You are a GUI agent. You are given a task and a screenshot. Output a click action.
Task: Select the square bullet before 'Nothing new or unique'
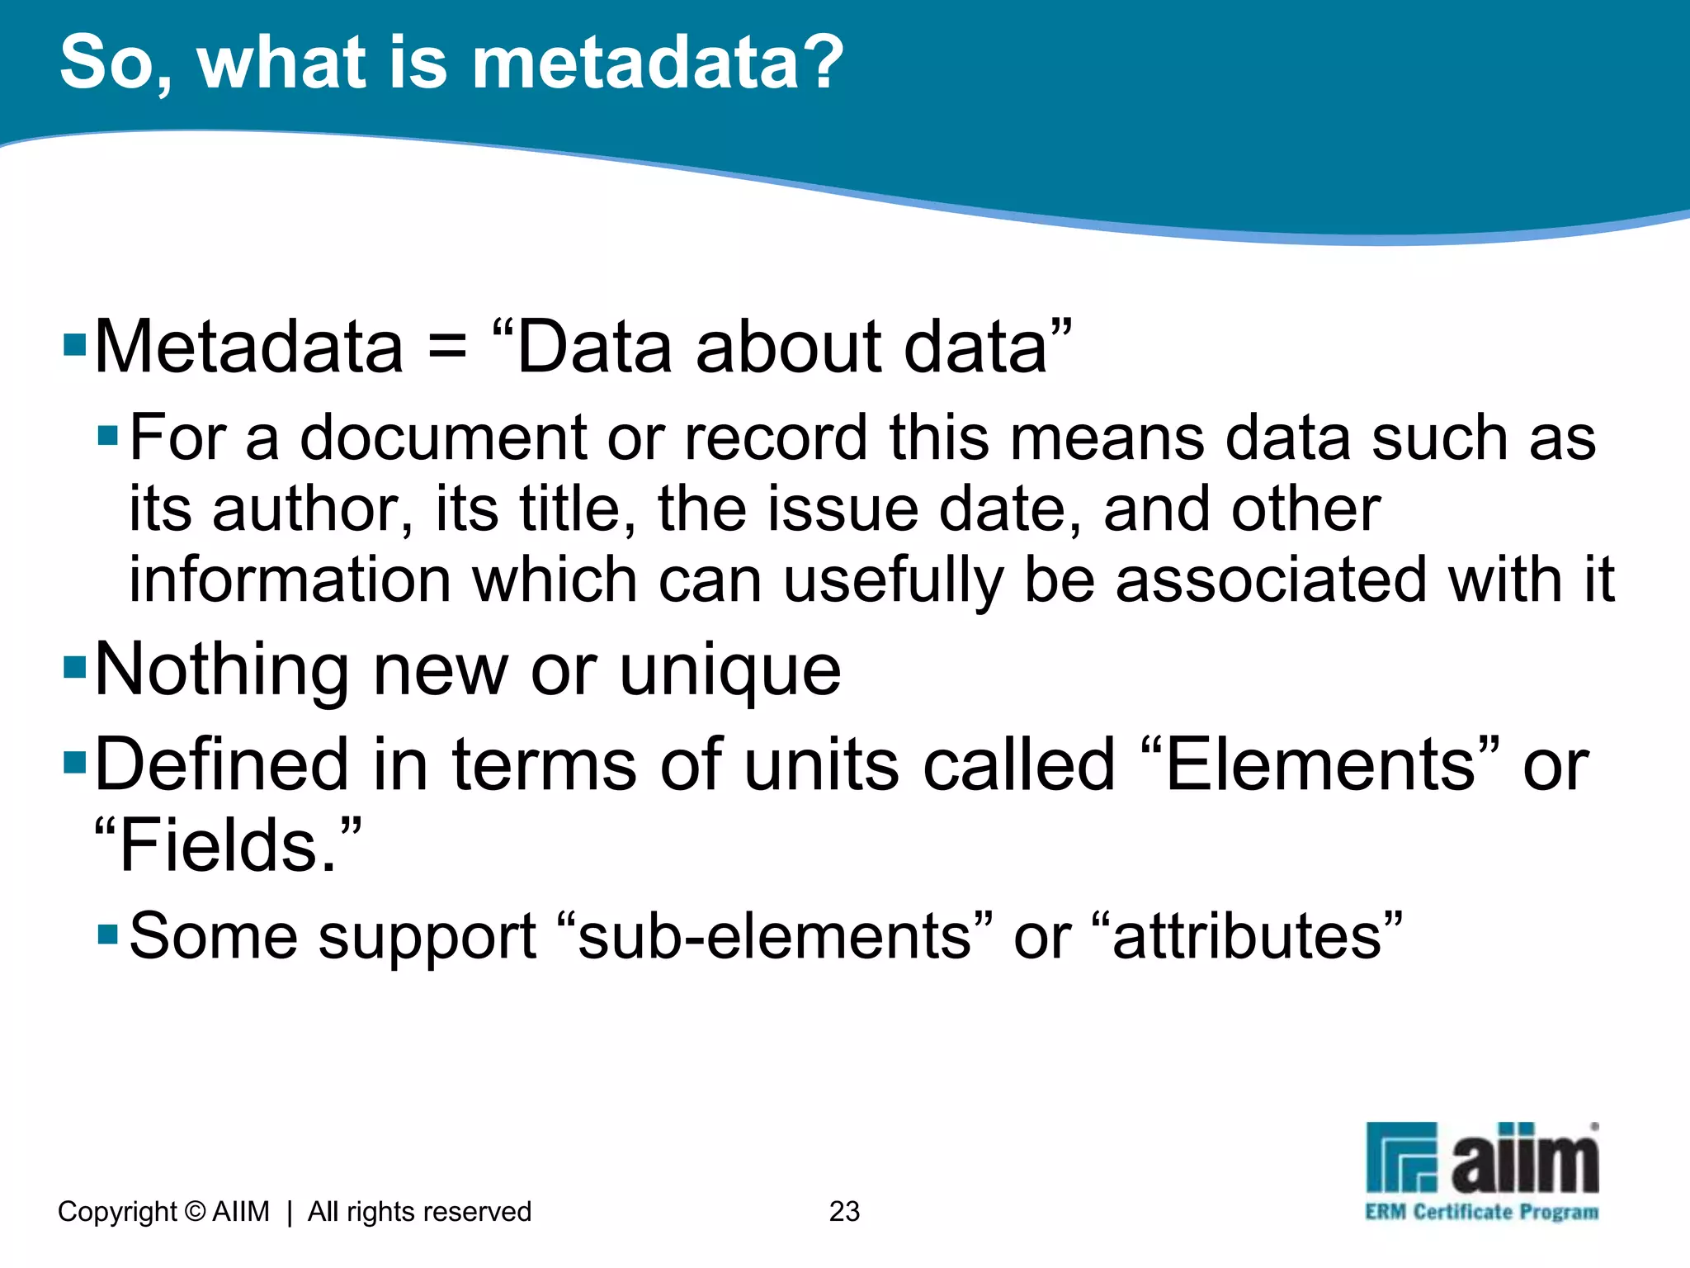(75, 665)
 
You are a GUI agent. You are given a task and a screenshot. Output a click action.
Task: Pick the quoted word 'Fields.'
(228, 845)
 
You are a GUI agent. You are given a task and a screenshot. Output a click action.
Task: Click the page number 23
(844, 1211)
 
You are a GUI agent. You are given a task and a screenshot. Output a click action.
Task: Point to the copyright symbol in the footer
(195, 1211)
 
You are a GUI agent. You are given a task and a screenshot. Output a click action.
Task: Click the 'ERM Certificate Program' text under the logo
(1481, 1212)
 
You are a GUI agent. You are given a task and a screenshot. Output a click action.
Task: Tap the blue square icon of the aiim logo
(1401, 1157)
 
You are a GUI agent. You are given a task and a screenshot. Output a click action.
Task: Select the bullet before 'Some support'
(108, 934)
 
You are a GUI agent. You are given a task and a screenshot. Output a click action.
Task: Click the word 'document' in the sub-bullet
(443, 438)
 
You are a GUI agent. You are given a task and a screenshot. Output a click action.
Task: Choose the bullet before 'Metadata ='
(75, 343)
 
